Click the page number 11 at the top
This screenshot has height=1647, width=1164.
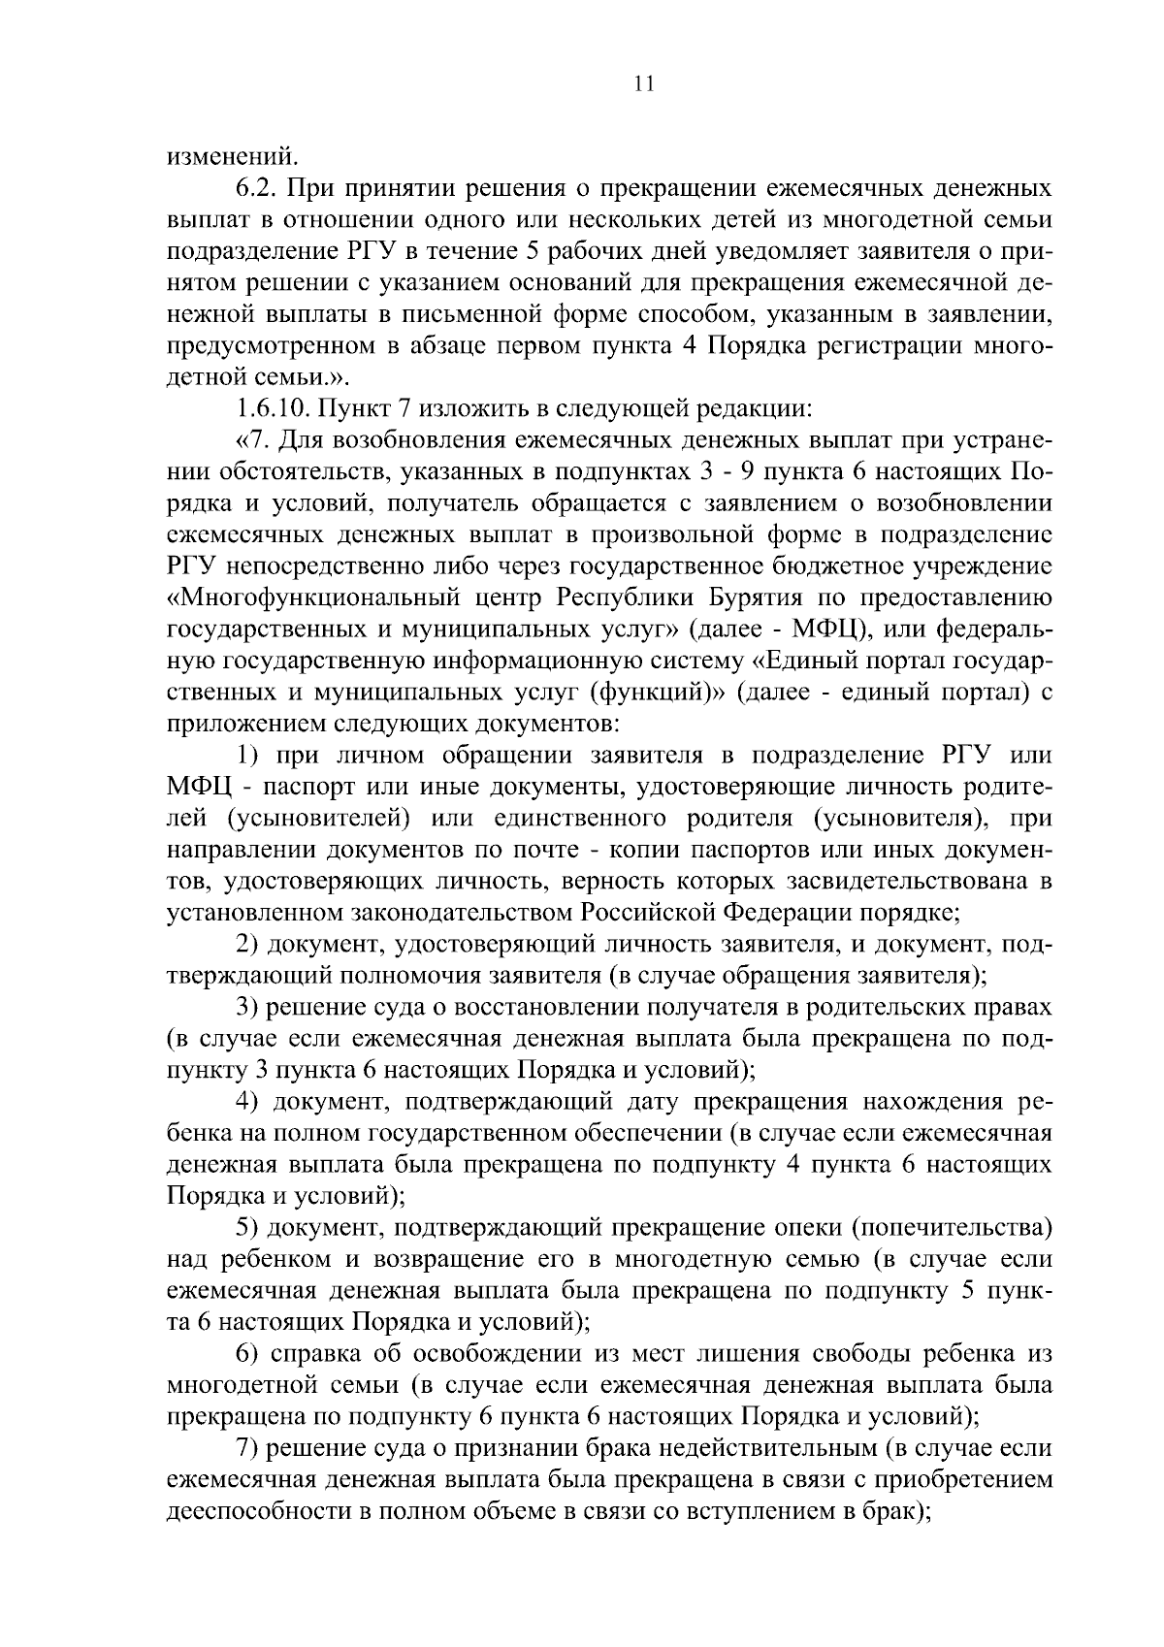(x=643, y=84)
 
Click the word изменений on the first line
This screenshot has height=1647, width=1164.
(x=230, y=155)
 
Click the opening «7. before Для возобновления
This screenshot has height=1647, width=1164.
(x=251, y=439)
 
